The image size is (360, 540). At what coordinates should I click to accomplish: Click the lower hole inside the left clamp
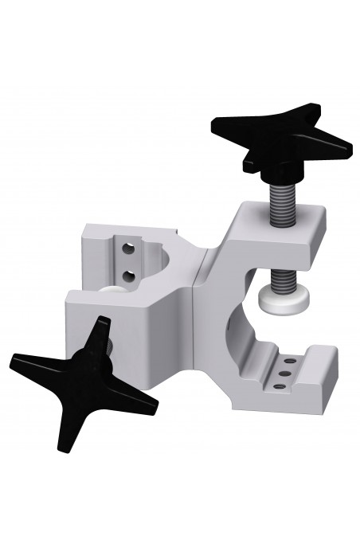coord(130,274)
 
